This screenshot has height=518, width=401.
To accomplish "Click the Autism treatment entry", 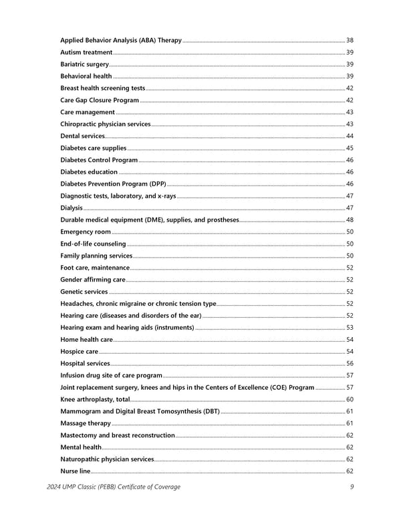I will pyautogui.click(x=87, y=52).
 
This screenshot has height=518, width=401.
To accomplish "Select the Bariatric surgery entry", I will pyautogui.click(x=84, y=64).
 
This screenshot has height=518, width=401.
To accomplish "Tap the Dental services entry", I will pyautogui.click(x=82, y=136).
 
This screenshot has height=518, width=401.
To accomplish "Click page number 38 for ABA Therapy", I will pyautogui.click(x=350, y=40).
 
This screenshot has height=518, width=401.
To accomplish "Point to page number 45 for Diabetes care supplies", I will pyautogui.click(x=350, y=148).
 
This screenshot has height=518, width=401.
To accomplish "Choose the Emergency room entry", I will pyautogui.click(x=86, y=232).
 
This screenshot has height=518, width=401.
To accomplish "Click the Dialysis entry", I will pyautogui.click(x=72, y=208).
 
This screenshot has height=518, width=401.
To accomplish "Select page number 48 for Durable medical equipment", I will pyautogui.click(x=350, y=220).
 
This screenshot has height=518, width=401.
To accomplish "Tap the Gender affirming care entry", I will pyautogui.click(x=93, y=280).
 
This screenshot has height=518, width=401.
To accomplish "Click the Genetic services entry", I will pyautogui.click(x=84, y=292).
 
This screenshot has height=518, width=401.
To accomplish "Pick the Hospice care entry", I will pyautogui.click(x=80, y=351).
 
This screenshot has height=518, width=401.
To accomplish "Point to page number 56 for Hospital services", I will pyautogui.click(x=350, y=363).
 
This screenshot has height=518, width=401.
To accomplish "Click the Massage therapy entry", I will pyautogui.click(x=86, y=423).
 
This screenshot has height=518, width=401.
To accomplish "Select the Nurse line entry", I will pyautogui.click(x=75, y=471).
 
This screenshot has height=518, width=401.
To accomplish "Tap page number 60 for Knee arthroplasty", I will pyautogui.click(x=350, y=399).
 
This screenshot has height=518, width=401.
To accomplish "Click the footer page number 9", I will pyautogui.click(x=352, y=487).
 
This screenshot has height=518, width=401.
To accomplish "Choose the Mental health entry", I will pyautogui.click(x=81, y=447).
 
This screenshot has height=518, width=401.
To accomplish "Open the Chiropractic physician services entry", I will pyautogui.click(x=106, y=124).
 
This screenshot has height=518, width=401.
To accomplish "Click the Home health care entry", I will pyautogui.click(x=86, y=339).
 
